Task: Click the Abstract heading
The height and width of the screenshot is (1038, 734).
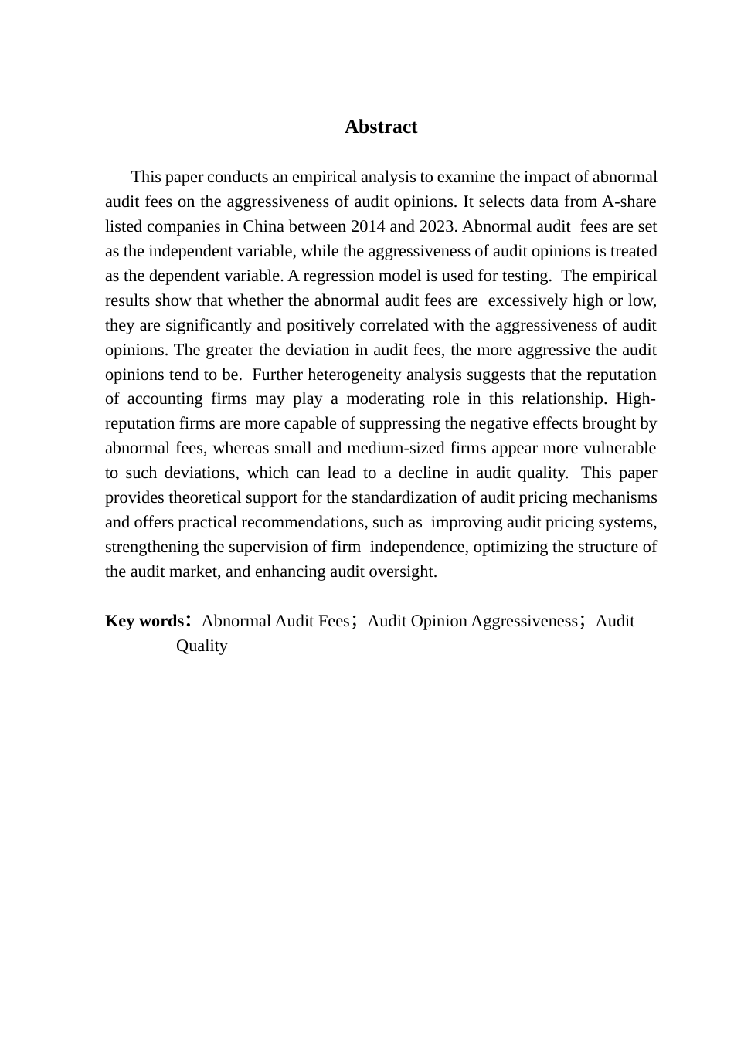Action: pyautogui.click(x=381, y=127)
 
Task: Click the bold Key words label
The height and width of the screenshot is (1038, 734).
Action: pyautogui.click(x=144, y=622)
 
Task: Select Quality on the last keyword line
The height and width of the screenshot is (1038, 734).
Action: pyautogui.click(x=202, y=646)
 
